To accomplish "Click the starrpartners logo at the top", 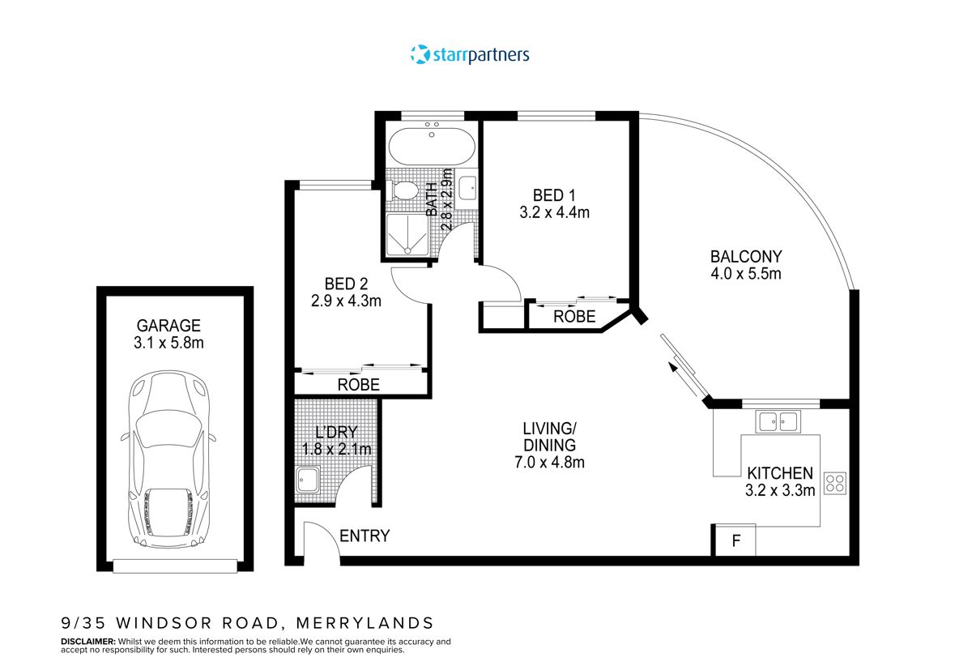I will tap(470, 55).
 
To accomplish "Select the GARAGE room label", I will tap(168, 325).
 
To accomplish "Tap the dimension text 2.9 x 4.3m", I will tap(346, 301).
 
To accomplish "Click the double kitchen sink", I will tap(777, 421).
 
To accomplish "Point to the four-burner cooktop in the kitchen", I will tap(835, 484).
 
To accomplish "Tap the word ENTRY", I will tap(364, 536).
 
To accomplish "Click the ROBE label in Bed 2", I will tap(358, 385).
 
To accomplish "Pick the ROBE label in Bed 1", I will tap(574, 317).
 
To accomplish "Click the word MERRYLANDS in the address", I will tap(364, 623).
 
